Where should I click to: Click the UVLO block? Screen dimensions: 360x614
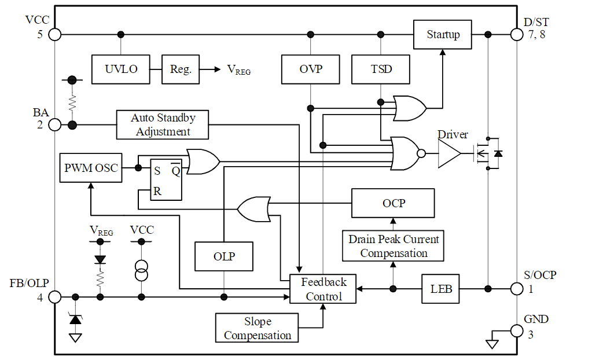(121, 69)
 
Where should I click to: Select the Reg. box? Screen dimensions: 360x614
(181, 69)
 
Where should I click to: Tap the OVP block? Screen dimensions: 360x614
(311, 69)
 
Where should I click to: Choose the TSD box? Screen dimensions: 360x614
(381, 69)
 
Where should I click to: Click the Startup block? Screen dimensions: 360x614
(443, 35)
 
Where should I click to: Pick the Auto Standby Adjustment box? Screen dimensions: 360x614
(163, 124)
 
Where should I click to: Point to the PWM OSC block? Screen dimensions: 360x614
(91, 168)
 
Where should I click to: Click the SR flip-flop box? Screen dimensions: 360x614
(166, 179)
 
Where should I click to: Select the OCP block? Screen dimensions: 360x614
(394, 203)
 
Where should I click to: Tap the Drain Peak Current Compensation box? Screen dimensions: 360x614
(394, 246)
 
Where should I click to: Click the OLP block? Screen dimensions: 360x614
(224, 256)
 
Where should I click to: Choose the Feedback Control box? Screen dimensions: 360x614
(324, 289)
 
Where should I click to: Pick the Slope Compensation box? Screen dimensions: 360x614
(258, 328)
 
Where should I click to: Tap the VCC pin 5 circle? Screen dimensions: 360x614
(54, 34)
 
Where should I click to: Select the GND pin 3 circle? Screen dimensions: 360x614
(517, 330)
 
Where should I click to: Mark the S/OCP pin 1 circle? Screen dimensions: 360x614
(517, 288)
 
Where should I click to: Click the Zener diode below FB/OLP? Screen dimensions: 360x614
(75, 319)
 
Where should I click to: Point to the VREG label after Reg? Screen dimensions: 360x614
(238, 70)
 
